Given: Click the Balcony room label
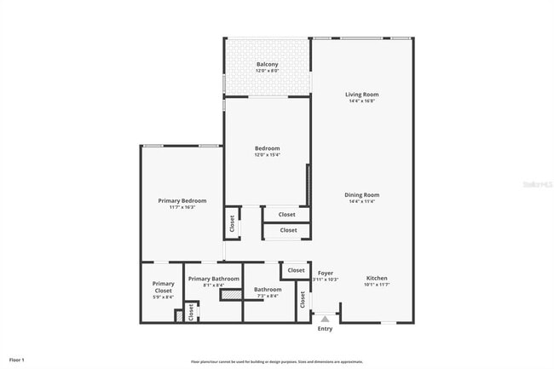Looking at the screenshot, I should [267, 64].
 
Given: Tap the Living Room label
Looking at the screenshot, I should [361, 95].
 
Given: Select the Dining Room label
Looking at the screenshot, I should [361, 194].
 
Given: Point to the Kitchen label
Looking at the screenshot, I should [377, 278].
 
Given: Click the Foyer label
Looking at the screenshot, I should [326, 273].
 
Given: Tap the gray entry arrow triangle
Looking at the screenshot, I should [325, 318].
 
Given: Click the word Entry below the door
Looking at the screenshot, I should [325, 329].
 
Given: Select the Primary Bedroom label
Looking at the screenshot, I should [182, 200].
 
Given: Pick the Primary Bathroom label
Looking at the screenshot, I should [213, 279].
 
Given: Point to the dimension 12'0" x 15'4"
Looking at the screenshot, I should [267, 155].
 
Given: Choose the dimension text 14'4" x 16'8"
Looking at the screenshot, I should [361, 101].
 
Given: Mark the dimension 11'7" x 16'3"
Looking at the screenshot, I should [182, 207].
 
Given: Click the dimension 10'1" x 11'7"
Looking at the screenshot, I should [377, 285].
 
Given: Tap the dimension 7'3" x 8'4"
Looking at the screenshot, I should [267, 296].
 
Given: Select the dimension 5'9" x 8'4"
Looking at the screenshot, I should [163, 297].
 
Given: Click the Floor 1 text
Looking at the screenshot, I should [17, 360].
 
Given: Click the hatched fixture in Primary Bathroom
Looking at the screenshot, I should [230, 295].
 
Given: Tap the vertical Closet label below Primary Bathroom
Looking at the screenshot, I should [191, 313].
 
